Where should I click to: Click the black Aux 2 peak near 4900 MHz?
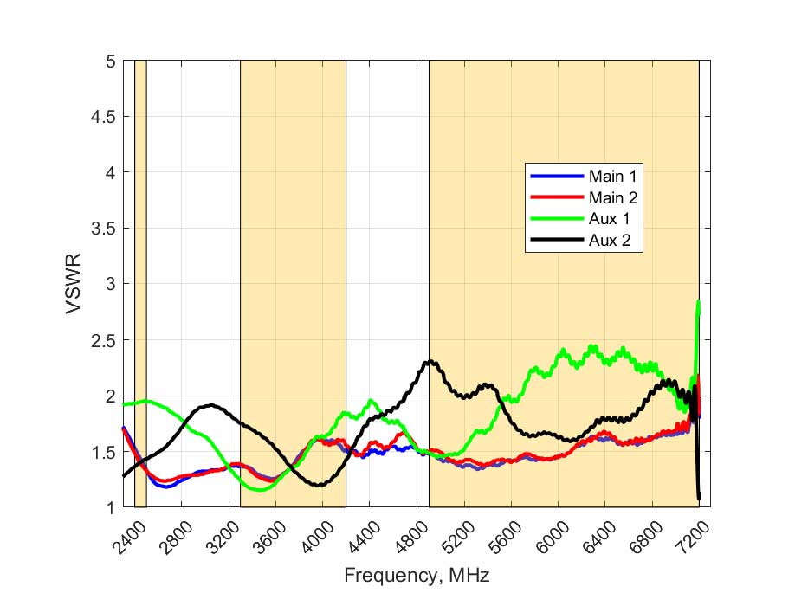(x=428, y=362)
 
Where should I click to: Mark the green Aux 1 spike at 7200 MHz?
(x=698, y=303)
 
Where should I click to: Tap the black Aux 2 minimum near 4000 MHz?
(x=320, y=485)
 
